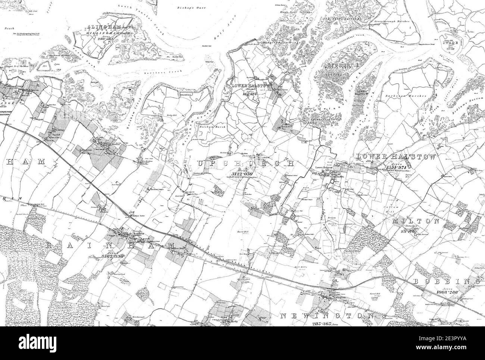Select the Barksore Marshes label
pyautogui.click(x=412, y=96)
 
